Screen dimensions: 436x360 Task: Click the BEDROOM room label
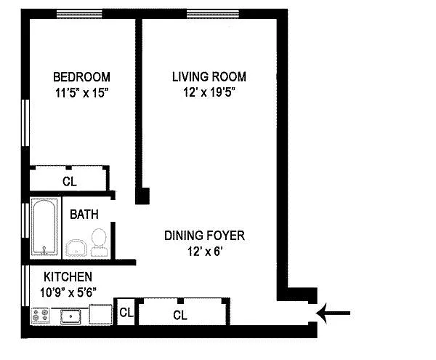pyautogui.click(x=81, y=77)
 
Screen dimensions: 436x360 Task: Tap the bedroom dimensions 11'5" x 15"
pyautogui.click(x=81, y=92)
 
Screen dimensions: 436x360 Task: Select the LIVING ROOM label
pyautogui.click(x=209, y=77)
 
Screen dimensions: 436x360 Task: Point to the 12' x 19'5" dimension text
pyautogui.click(x=209, y=92)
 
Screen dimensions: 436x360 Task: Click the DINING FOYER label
pyautogui.click(x=204, y=236)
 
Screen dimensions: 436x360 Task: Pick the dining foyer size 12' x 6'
pyautogui.click(x=205, y=252)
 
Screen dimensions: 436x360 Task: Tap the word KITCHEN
pyautogui.click(x=68, y=277)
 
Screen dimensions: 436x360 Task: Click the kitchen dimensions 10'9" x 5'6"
pyautogui.click(x=68, y=292)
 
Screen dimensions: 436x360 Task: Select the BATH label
pyautogui.click(x=84, y=215)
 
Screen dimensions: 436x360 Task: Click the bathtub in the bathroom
pyautogui.click(x=44, y=228)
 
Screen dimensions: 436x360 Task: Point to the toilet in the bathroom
pyautogui.click(x=99, y=242)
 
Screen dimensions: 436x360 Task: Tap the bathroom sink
pyautogui.click(x=76, y=248)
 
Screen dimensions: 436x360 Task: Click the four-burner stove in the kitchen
pyautogui.click(x=40, y=316)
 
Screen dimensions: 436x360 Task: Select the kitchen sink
pyautogui.click(x=71, y=316)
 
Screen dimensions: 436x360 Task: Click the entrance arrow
pyautogui.click(x=333, y=313)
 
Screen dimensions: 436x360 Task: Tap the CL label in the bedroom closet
pyautogui.click(x=70, y=182)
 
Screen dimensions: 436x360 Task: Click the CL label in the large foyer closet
pyautogui.click(x=180, y=315)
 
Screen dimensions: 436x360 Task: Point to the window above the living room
pyautogui.click(x=213, y=14)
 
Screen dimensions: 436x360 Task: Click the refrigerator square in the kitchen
pyautogui.click(x=100, y=314)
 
